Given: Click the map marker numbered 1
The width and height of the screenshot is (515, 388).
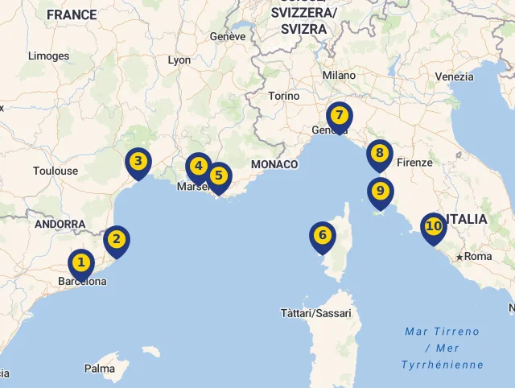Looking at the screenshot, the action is (x=80, y=263).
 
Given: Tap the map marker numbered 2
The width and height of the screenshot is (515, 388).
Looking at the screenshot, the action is (x=117, y=239).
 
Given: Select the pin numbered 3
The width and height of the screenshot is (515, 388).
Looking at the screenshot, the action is (x=138, y=162).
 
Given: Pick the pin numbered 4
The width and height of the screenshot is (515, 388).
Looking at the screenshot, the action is (x=198, y=167).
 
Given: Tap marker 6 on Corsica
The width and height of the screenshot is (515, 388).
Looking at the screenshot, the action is (x=323, y=236).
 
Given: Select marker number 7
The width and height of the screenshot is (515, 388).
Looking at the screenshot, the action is (x=340, y=116).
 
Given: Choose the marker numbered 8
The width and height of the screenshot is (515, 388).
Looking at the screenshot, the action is (x=380, y=153).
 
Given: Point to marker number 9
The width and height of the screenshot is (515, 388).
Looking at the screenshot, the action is (x=381, y=192).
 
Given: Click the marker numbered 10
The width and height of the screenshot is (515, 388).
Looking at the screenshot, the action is (x=433, y=227).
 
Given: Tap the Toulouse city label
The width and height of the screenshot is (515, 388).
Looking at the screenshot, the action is (x=56, y=171).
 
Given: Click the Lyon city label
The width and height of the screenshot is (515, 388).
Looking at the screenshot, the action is (x=179, y=60).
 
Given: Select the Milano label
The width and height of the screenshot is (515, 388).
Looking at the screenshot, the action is (x=339, y=75).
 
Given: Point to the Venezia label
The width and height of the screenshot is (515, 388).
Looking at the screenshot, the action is (x=455, y=76).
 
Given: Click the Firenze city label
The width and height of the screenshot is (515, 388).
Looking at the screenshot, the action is (x=415, y=163).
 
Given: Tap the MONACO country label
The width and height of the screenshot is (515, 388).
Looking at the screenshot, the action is (x=274, y=164).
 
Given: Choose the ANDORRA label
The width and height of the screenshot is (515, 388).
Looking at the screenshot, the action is (x=60, y=224).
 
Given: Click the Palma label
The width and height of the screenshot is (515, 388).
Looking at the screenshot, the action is (x=100, y=369).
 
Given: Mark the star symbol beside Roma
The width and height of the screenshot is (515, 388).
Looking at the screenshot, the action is (x=459, y=257).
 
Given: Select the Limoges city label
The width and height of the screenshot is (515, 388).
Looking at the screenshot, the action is (x=48, y=56).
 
